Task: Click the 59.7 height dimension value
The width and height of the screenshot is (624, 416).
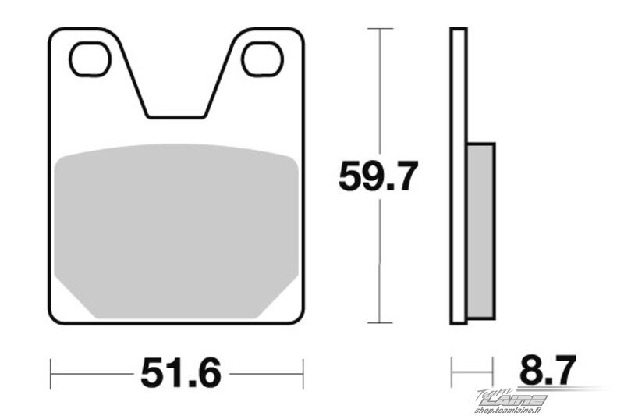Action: [378, 176]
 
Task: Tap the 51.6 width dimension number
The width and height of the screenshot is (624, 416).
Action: [181, 373]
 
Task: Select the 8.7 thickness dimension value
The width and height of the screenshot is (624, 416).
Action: [548, 370]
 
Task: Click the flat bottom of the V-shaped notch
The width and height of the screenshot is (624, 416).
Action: [176, 117]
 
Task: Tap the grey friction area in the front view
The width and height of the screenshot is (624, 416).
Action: [176, 231]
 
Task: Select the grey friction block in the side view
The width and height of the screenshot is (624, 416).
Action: [480, 231]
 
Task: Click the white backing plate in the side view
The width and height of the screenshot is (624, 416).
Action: [459, 176]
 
